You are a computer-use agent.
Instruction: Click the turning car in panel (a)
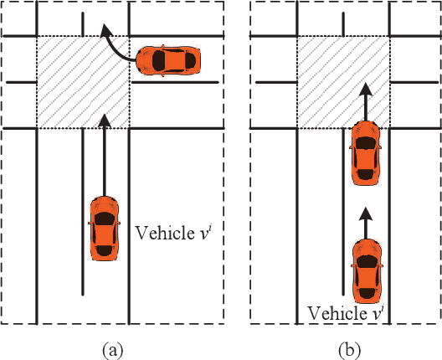click(168, 60)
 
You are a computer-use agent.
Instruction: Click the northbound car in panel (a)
click(103, 227)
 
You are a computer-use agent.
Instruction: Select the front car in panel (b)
click(366, 152)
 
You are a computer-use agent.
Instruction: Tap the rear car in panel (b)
click(367, 270)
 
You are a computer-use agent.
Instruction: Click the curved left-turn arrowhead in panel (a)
click(106, 33)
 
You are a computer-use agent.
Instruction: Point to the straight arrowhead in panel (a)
click(103, 121)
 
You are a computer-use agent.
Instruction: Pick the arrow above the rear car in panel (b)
click(365, 215)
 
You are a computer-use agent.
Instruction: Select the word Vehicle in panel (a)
click(159, 231)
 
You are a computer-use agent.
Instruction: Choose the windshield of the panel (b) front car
click(366, 140)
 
